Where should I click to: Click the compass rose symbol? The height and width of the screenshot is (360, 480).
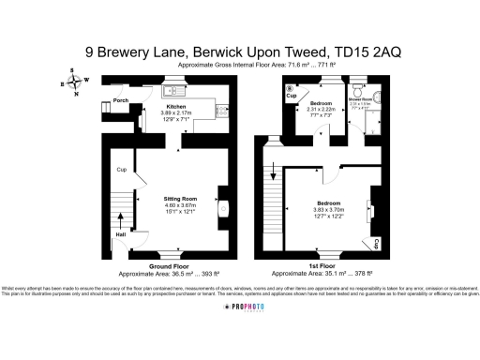[x=74, y=82]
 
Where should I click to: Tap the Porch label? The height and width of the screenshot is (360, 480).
[x=120, y=99]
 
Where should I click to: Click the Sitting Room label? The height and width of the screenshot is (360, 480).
[x=180, y=200]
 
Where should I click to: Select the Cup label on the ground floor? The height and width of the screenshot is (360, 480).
[x=121, y=170]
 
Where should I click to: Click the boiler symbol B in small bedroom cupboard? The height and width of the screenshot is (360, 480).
[x=290, y=88]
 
